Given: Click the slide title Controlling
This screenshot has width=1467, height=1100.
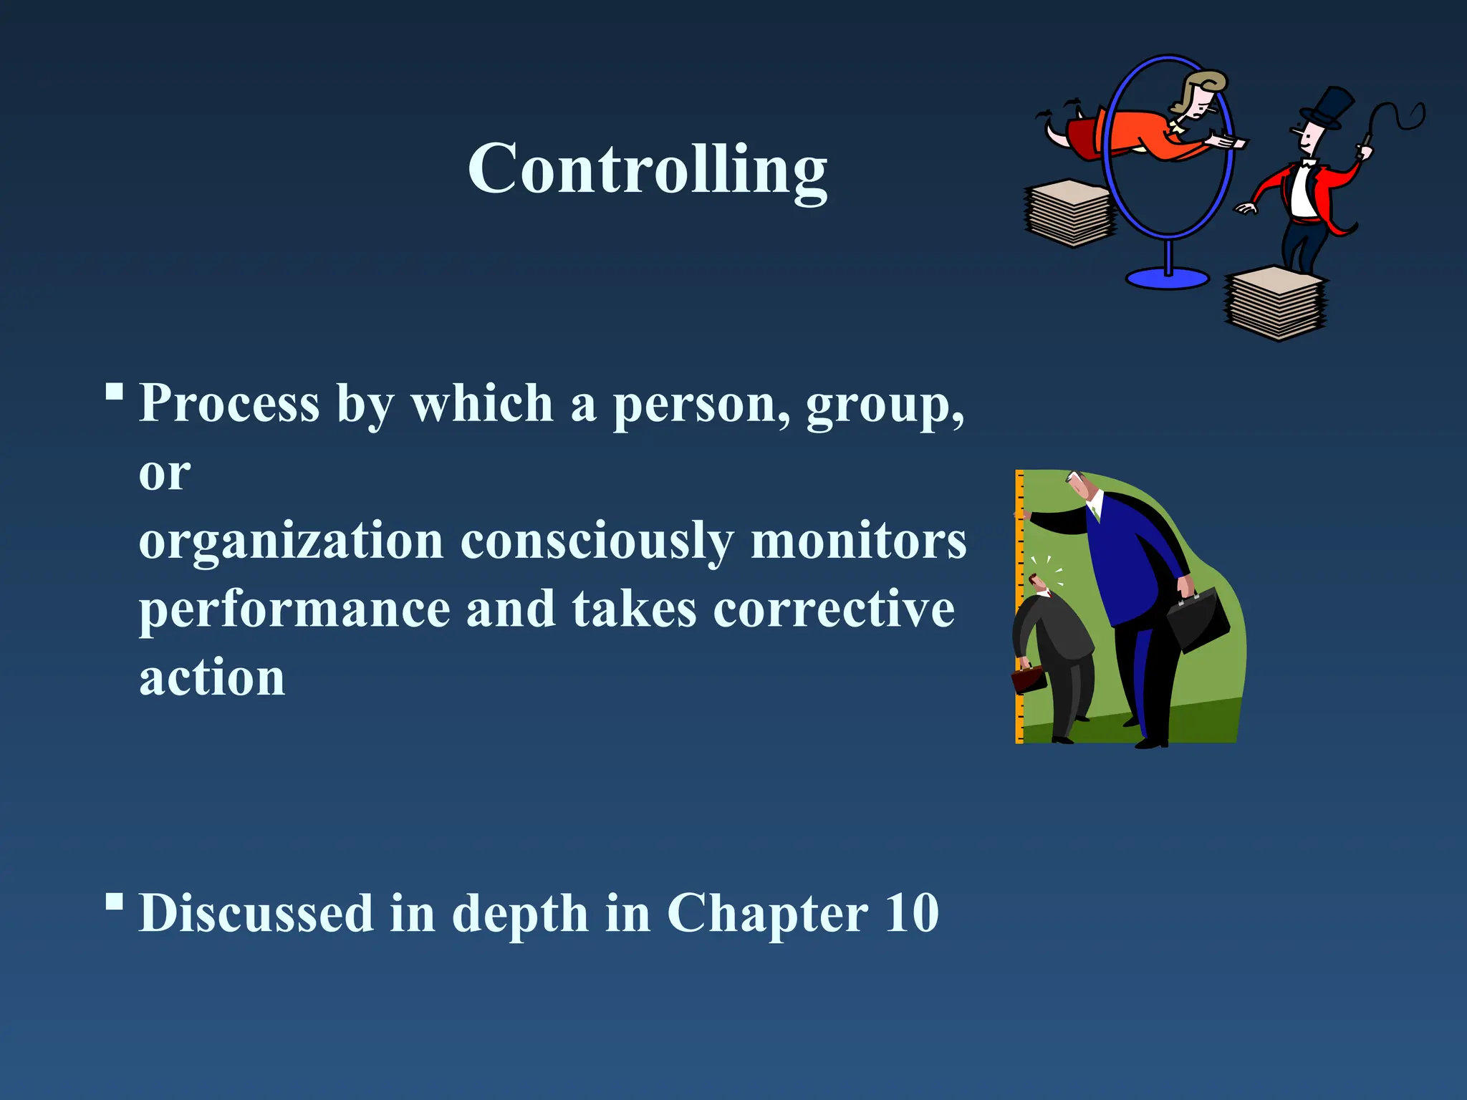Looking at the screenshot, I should click(648, 170).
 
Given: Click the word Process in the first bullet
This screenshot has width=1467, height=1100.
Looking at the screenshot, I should click(229, 404).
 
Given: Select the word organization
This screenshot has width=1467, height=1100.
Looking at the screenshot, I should click(291, 541).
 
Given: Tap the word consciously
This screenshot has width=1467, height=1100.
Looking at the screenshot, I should click(597, 541).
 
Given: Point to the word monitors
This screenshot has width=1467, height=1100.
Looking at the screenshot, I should click(858, 541).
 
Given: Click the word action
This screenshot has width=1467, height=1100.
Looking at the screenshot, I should click(212, 677).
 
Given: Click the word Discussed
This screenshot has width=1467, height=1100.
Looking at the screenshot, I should click(256, 914).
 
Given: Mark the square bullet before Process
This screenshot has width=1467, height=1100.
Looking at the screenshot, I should click(114, 392).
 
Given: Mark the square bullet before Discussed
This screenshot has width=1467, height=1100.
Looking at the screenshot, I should click(114, 901).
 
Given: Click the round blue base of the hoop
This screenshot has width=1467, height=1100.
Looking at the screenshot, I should click(1167, 278).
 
